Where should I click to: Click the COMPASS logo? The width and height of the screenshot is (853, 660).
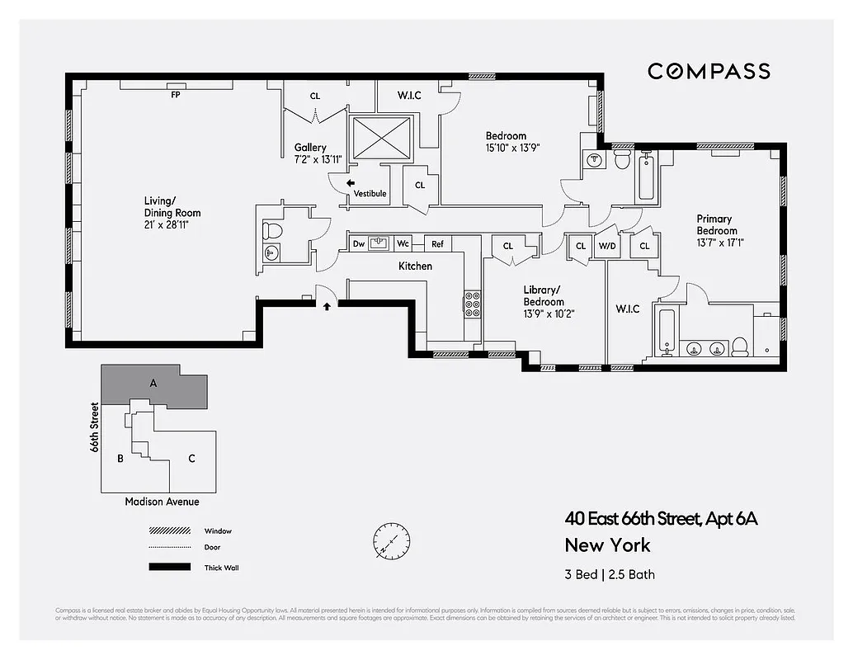coord(709,71)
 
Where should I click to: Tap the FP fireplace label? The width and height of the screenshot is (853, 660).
coord(175,95)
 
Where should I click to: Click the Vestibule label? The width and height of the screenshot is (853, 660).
coord(370,194)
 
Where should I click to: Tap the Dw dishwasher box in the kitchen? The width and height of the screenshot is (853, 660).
coord(359,243)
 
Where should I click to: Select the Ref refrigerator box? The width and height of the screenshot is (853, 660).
coord(437,243)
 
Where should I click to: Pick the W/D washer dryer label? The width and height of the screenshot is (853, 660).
coord(607,246)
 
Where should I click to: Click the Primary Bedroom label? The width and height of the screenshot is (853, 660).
coord(716,224)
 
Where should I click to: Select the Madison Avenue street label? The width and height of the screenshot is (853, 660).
coord(162,502)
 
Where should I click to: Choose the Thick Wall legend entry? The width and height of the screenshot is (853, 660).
coord(221,568)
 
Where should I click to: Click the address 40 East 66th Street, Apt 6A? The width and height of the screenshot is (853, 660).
coord(660,519)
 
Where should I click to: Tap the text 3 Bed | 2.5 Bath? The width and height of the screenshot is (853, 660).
coord(610,574)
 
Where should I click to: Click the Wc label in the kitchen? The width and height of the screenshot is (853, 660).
coord(403,243)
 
